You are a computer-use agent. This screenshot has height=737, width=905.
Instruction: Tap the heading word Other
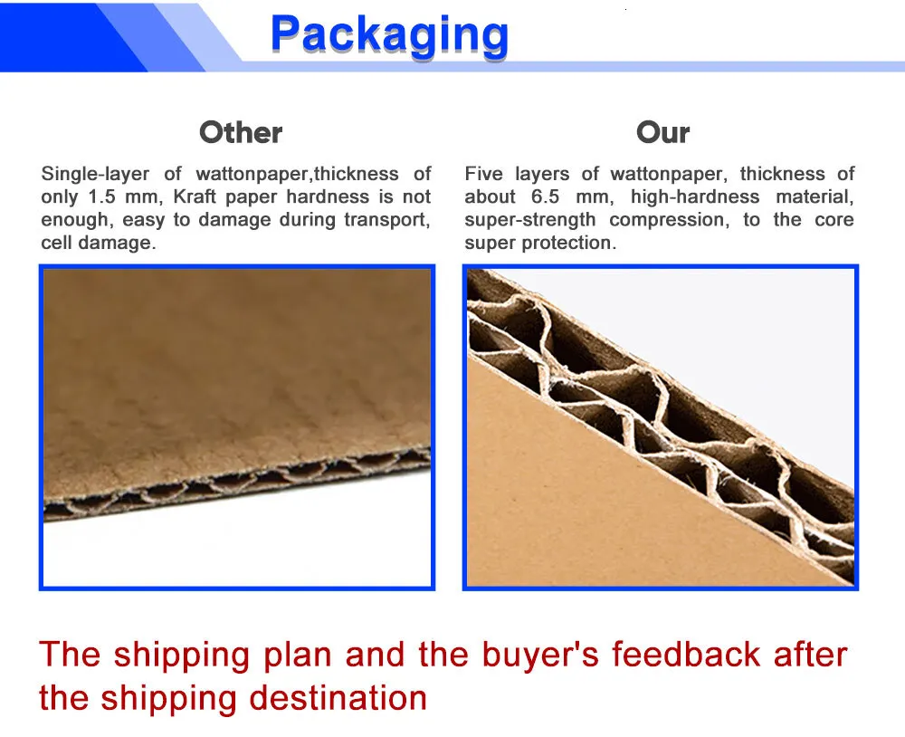click(241, 132)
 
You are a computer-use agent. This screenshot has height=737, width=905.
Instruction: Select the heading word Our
click(662, 132)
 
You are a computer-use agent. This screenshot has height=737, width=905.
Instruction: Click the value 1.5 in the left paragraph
click(101, 197)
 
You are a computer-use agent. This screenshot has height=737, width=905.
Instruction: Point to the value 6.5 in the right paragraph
click(546, 197)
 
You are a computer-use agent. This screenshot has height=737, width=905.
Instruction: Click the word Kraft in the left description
click(195, 197)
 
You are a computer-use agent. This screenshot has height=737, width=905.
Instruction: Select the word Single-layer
click(95, 174)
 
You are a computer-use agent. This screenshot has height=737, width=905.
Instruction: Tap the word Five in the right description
click(483, 174)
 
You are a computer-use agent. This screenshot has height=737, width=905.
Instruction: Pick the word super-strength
click(529, 220)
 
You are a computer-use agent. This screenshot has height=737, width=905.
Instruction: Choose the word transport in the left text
click(386, 220)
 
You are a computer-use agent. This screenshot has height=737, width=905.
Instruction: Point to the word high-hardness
click(695, 197)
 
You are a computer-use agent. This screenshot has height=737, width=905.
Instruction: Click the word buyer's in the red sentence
click(540, 655)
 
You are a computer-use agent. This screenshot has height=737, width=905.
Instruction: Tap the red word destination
click(338, 698)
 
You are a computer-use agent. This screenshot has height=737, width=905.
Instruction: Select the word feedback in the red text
click(686, 655)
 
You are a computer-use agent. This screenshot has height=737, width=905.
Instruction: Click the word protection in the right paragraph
click(568, 244)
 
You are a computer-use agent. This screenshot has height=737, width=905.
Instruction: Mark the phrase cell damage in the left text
click(98, 244)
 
